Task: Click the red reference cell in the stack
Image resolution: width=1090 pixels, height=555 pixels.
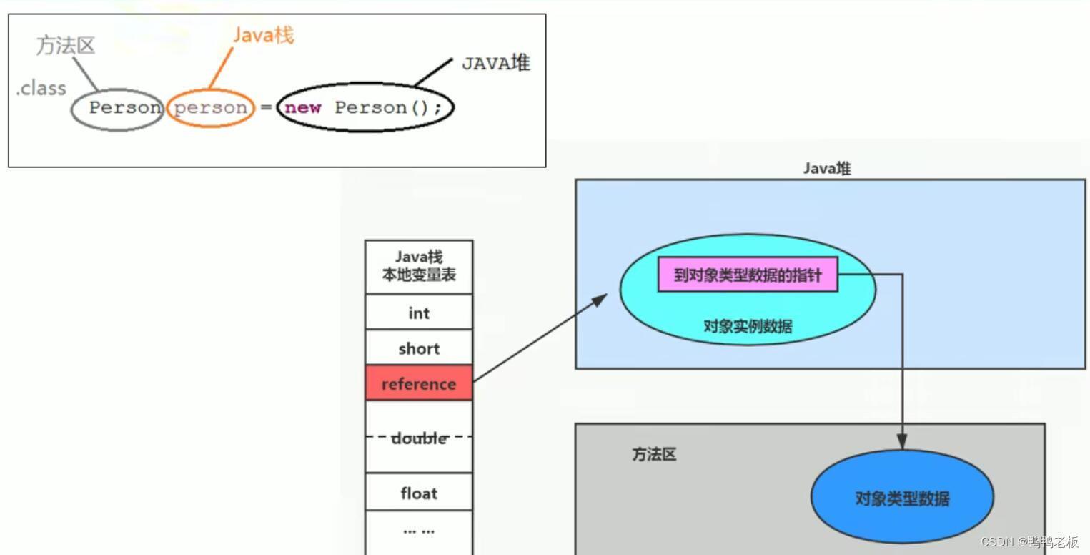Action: [x=419, y=383]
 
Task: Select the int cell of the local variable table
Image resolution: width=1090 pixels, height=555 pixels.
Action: [x=419, y=313]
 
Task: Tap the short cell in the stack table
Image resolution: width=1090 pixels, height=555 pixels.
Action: [x=419, y=348]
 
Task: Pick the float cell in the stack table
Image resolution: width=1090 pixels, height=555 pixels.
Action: [x=419, y=493]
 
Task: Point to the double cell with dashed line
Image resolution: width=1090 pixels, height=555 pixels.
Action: [x=419, y=437]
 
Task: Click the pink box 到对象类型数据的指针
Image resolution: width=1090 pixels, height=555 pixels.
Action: [x=747, y=275]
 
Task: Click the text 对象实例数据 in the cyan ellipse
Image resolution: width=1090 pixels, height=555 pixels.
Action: [x=748, y=326]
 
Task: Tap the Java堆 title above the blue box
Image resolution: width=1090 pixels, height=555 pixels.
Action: [x=827, y=169]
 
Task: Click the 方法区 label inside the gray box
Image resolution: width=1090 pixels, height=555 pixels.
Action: [x=654, y=454]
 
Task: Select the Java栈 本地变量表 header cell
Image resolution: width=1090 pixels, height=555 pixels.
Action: [x=419, y=265]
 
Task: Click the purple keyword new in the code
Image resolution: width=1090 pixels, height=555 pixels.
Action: [x=303, y=108]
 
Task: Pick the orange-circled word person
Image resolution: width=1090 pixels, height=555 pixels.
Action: [x=210, y=108]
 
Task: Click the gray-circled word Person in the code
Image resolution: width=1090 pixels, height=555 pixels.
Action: [x=124, y=108]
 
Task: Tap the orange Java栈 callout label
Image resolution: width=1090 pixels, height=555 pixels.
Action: [x=263, y=35]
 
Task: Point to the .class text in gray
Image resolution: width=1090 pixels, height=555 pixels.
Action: [x=41, y=88]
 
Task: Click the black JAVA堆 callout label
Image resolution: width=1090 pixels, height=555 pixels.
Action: [x=495, y=63]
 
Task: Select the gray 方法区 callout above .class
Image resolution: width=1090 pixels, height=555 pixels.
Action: [x=66, y=45]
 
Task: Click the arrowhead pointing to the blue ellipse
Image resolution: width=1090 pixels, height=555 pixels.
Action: [x=902, y=443]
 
